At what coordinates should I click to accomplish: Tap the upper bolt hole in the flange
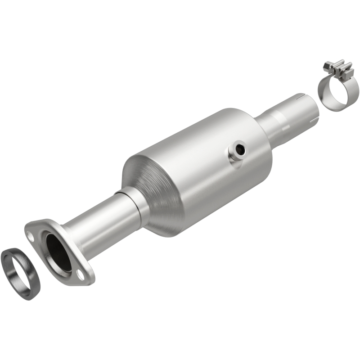31,234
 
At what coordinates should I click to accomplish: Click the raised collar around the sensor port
233,155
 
